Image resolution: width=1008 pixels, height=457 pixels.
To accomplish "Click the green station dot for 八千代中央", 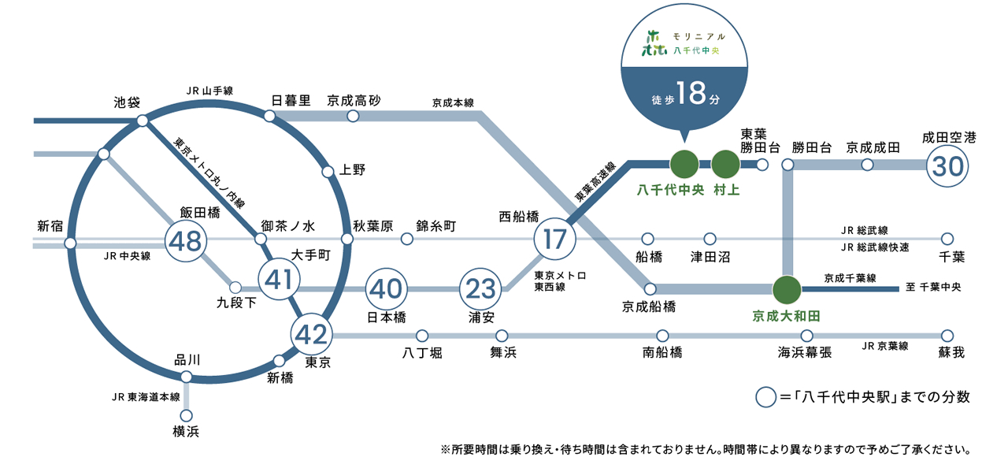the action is pos(684,165).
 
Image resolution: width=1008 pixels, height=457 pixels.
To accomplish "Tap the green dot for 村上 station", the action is pos(725,165).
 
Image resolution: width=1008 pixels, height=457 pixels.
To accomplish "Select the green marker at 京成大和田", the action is pos(787,289).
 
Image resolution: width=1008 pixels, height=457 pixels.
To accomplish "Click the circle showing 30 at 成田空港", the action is pos(947,166).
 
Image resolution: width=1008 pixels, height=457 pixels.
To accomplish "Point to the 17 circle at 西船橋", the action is pos(555,239).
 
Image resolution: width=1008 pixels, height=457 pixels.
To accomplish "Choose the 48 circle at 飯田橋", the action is pos(186,241).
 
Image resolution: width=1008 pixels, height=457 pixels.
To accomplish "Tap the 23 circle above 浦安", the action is pos(480,289).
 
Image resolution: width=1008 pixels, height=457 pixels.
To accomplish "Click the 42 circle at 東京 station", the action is pos(311,335).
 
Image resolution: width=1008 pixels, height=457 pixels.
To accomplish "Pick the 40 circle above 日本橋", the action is pos(386,289).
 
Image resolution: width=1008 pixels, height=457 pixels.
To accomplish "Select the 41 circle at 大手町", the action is pos(279,279).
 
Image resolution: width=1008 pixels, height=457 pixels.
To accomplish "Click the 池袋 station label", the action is pos(127,102).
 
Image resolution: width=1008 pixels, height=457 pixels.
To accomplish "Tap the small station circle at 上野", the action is pos(328,172).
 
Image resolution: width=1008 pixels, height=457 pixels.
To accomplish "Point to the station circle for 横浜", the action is pos(187,415).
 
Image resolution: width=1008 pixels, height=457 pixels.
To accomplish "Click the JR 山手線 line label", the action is pos(209,91).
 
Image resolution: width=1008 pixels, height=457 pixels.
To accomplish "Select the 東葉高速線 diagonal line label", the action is pos(595,181).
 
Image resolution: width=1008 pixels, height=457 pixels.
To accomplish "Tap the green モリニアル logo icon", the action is pos(654,43).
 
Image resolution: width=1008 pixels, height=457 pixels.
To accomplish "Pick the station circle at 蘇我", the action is pos(947,336).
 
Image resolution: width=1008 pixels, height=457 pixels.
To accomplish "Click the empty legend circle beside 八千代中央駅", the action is pos(765,397).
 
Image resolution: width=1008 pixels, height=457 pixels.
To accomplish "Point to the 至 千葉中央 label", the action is pos(933,287).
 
